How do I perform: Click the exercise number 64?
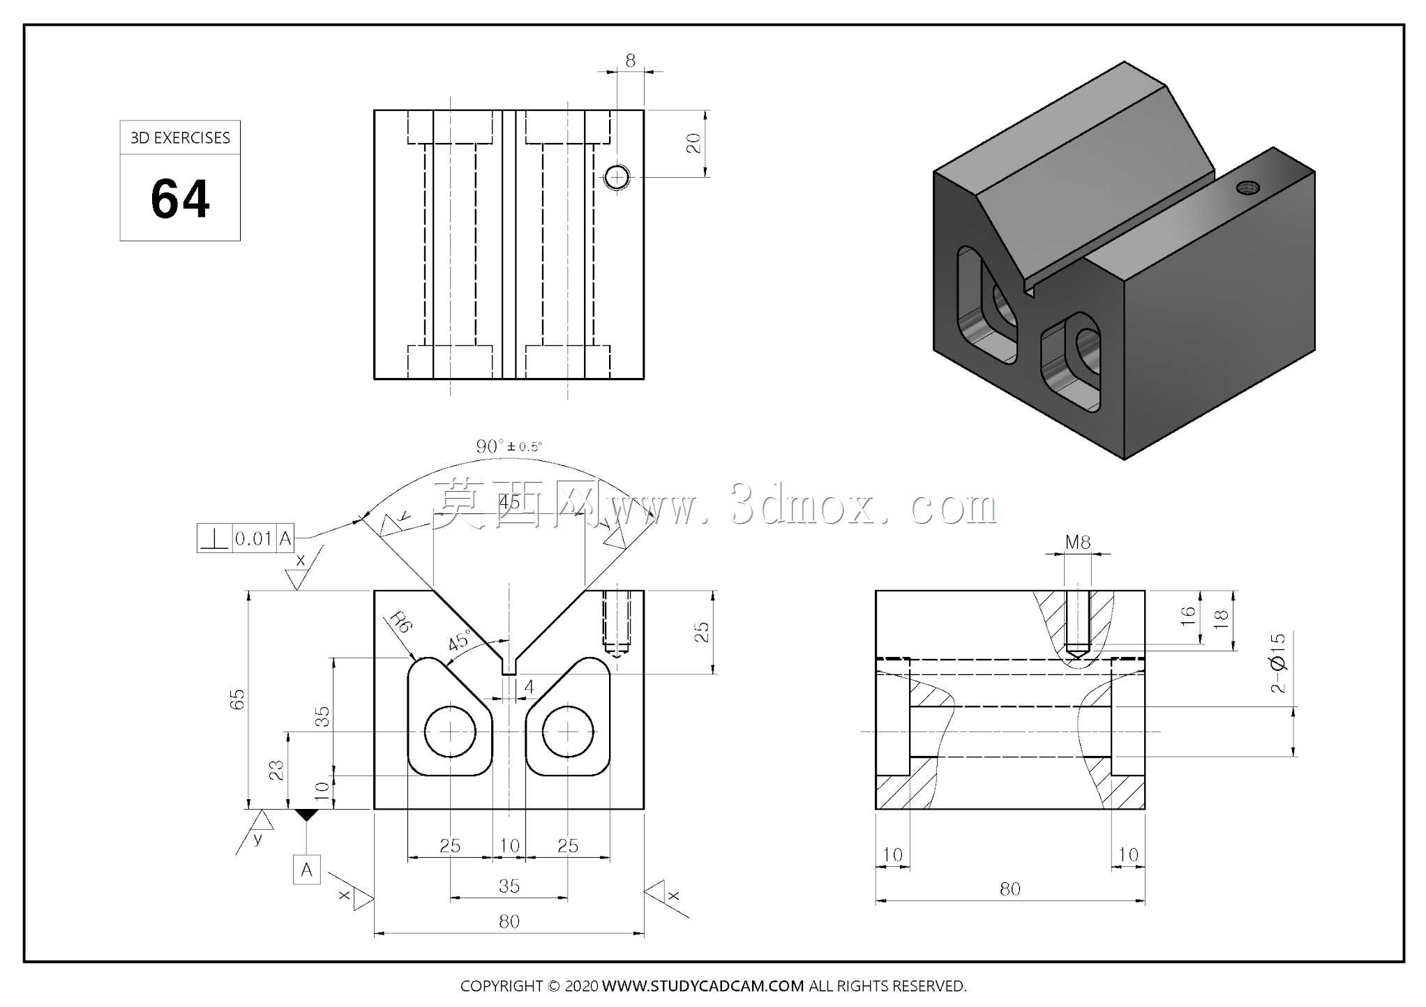pos(180,199)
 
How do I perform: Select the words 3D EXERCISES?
pos(180,138)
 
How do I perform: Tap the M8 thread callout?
pos(1078,542)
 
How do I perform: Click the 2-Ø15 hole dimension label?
pos(1277,662)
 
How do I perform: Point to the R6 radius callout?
pos(401,622)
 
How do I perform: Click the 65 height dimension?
pos(237,699)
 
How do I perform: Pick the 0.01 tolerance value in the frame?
pos(253,538)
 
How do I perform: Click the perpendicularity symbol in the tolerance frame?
pos(214,538)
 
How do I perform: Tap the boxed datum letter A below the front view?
pos(306,870)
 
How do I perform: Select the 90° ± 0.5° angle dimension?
pos(509,446)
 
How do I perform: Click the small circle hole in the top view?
pos(616,177)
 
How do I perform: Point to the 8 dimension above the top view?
pos(631,61)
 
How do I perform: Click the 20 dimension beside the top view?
pos(693,143)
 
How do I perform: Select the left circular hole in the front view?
pos(450,732)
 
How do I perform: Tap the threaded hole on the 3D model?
pos(1248,187)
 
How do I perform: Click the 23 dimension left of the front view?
pos(276,770)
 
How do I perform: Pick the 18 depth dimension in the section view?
pos(1220,619)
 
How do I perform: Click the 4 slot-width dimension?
pos(529,687)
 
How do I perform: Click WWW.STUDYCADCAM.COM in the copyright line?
pos(703,986)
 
